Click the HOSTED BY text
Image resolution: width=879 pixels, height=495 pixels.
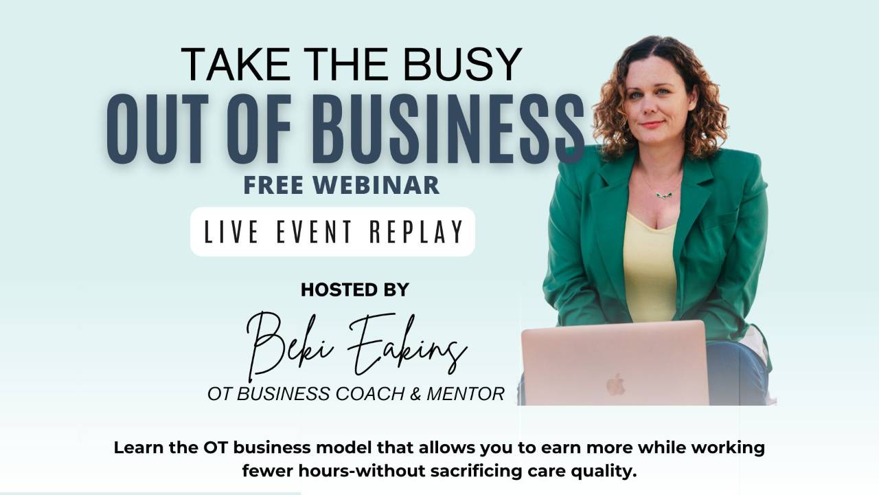tap(354, 290)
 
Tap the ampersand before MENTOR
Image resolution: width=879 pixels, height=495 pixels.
tap(415, 394)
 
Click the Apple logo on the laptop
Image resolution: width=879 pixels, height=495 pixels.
tap(615, 384)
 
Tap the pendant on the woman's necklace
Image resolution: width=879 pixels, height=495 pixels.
tap(663, 195)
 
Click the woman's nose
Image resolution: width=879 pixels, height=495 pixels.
tap(650, 109)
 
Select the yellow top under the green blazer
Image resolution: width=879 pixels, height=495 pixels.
tap(649, 268)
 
